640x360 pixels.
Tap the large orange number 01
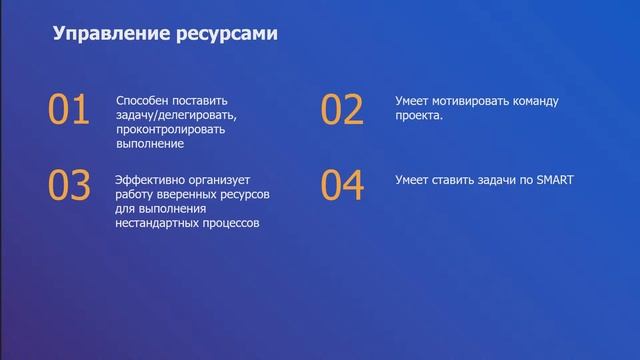click(69, 110)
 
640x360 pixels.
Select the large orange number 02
click(342, 110)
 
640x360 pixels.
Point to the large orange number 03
click(69, 187)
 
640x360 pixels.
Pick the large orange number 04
click(342, 187)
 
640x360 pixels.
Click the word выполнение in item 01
click(150, 144)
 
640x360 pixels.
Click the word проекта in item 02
click(418, 115)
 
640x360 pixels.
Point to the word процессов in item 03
click(231, 223)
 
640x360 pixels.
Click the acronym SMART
click(554, 180)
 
